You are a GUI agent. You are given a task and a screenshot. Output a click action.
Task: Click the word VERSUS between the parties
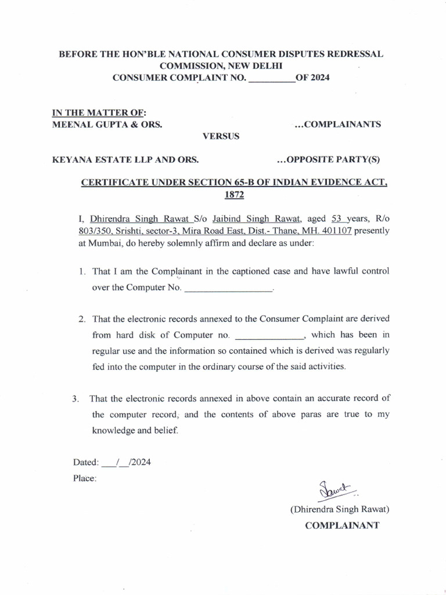[x=220, y=137]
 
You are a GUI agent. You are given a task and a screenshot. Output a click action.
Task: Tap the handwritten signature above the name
[x=336, y=491]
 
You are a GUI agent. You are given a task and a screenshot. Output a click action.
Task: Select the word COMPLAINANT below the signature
[x=343, y=525]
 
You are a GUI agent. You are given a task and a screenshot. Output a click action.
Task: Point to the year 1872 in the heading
[x=234, y=196]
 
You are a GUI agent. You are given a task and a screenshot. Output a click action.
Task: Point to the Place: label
[x=85, y=479]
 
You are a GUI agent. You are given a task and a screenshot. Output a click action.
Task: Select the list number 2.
[x=82, y=319]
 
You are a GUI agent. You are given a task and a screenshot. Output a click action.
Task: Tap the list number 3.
[x=75, y=399]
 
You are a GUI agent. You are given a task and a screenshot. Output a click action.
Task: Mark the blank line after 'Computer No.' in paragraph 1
[x=228, y=288]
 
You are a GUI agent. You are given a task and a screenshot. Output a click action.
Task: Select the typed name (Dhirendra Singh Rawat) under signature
[x=340, y=510]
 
